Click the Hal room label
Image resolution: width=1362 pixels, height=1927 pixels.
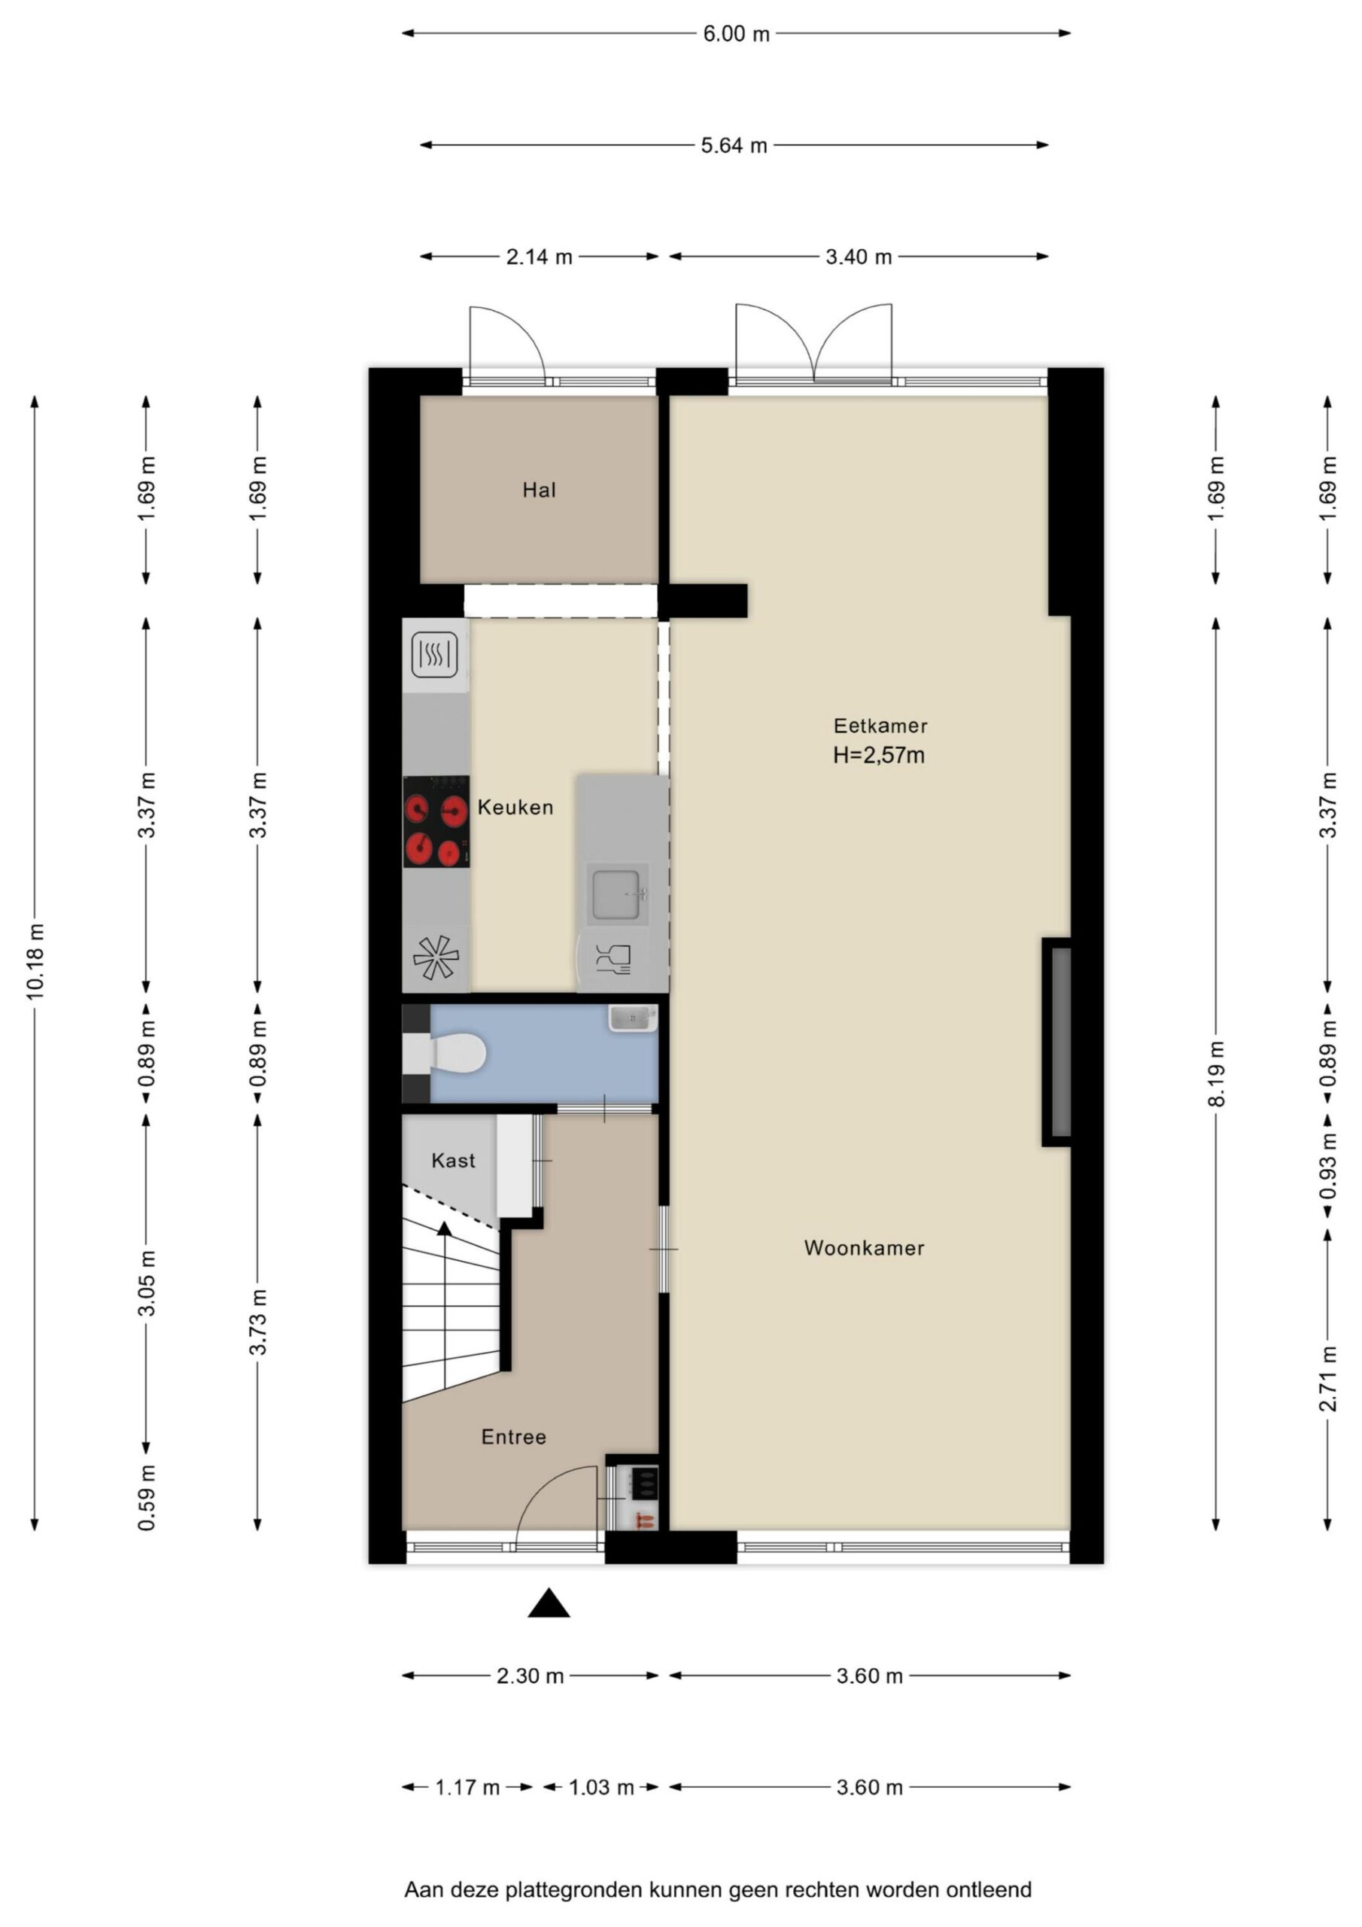pos(539,490)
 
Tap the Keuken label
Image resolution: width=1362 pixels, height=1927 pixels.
pos(515,808)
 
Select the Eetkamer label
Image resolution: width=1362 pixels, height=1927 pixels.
pos(880,725)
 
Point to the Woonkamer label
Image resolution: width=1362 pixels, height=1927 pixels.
pos(864,1248)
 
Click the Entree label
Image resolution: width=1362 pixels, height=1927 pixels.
pos(514,1437)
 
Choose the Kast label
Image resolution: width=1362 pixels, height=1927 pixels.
pos(453,1161)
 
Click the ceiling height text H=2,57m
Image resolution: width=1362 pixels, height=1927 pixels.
pos(879,755)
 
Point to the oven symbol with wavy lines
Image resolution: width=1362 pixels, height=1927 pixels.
pos(435,655)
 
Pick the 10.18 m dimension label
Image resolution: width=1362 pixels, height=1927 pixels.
pos(35,961)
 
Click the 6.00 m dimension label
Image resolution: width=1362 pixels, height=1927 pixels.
pos(736,35)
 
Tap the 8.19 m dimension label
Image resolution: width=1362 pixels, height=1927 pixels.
pos(1217,1073)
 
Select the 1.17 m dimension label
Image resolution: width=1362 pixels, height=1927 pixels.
pos(467,1788)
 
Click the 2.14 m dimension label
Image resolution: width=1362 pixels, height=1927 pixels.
pos(539,257)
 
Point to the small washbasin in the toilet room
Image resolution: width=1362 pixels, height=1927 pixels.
pos(633,1018)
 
